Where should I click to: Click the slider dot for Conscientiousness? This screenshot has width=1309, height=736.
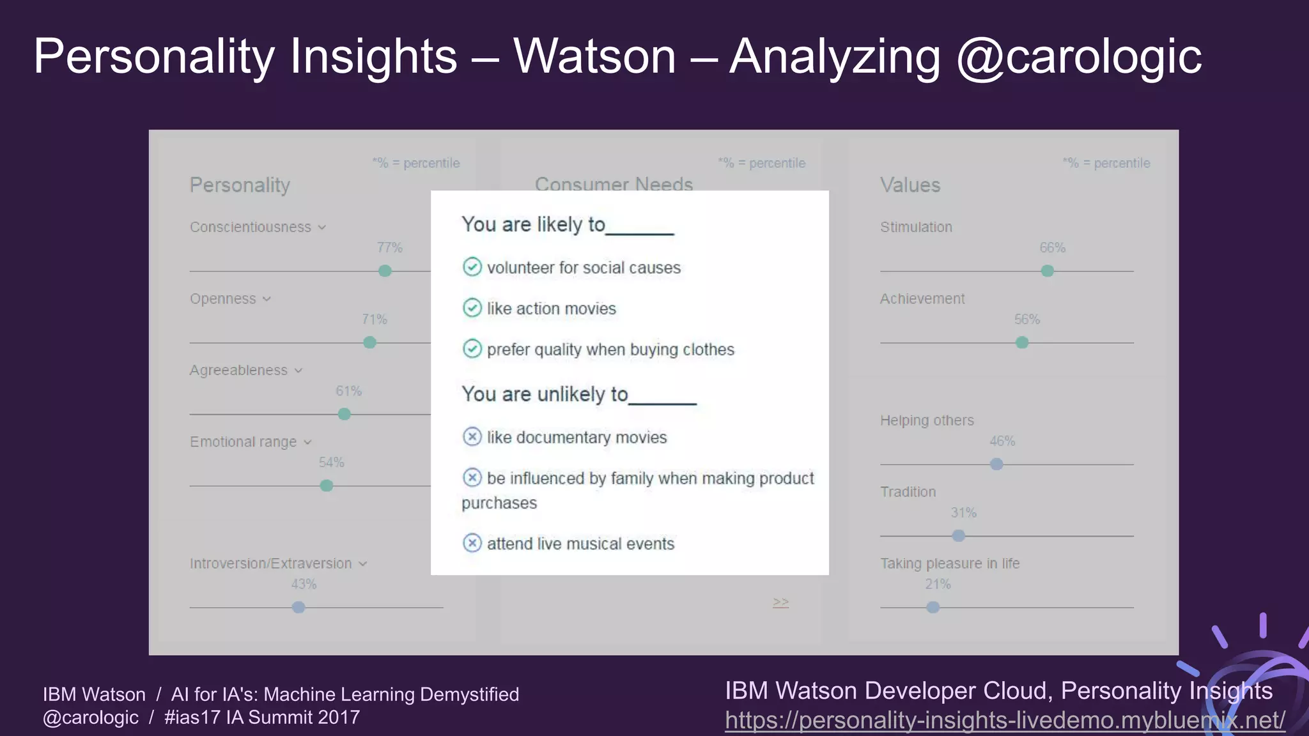pos(385,271)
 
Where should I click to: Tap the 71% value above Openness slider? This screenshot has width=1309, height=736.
pos(375,319)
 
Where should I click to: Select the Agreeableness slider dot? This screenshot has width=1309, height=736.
pos(344,414)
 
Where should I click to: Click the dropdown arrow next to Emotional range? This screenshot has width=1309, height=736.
pos(307,442)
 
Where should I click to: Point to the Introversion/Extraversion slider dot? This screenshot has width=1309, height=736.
pos(298,607)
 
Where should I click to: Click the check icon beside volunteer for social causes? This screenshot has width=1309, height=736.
pos(472,267)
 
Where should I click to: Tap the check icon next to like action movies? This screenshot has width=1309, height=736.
pos(472,308)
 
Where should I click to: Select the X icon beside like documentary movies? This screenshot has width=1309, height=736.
pos(472,437)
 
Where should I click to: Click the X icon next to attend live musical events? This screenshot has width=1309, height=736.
pos(472,543)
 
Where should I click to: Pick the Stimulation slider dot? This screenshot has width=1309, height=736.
pos(1047,271)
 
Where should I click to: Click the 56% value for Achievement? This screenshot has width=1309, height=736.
pos(1027,319)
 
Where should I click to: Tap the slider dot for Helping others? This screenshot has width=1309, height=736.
pos(996,464)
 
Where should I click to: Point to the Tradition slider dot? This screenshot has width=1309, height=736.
pos(958,535)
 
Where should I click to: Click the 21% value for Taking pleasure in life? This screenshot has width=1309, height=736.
pos(938,584)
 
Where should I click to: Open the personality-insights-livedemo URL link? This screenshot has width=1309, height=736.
pos(1005,720)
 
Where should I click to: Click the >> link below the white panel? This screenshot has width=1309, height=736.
pos(780,602)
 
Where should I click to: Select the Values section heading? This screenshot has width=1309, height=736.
pos(910,185)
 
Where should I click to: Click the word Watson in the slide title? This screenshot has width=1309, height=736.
pos(594,56)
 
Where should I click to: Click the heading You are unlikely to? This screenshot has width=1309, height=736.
pos(545,394)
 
